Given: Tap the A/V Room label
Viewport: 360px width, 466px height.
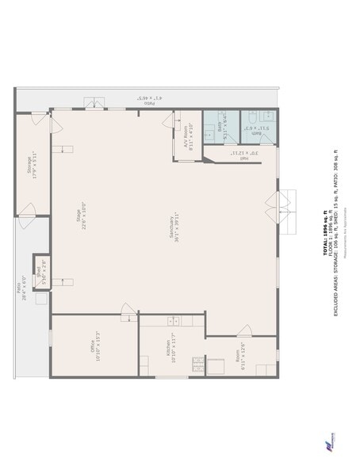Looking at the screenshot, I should [188, 138].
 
